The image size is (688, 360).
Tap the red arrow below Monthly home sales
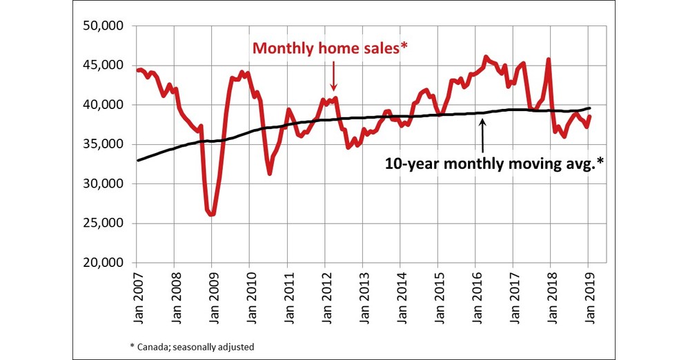click(x=333, y=76)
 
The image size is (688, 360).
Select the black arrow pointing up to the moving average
click(x=482, y=134)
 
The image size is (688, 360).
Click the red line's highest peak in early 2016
click(x=486, y=57)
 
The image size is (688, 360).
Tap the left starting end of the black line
click(x=137, y=160)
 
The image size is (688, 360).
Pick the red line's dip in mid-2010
click(x=269, y=173)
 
